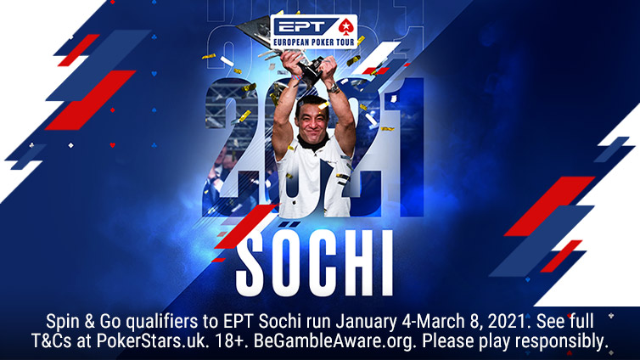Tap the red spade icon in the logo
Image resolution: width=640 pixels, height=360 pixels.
click(x=343, y=25)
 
